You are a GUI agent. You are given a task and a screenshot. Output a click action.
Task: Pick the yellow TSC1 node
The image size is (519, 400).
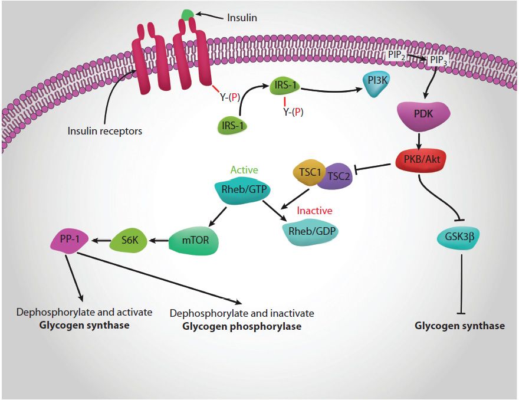tap(307, 173)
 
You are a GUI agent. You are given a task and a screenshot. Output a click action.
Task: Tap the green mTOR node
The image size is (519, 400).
tap(192, 241)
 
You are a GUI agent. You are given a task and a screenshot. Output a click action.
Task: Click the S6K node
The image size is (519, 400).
tap(130, 240)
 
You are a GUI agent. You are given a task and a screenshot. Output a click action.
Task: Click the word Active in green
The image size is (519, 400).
tap(244, 170)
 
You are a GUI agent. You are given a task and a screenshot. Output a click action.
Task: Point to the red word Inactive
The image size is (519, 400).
tap(314, 211)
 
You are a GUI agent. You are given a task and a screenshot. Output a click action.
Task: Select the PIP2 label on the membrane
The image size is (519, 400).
tap(396, 55)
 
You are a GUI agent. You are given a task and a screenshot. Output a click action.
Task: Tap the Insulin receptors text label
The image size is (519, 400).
tap(105, 131)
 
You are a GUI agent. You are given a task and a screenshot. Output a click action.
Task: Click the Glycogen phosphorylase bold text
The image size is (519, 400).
tap(241, 326)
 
